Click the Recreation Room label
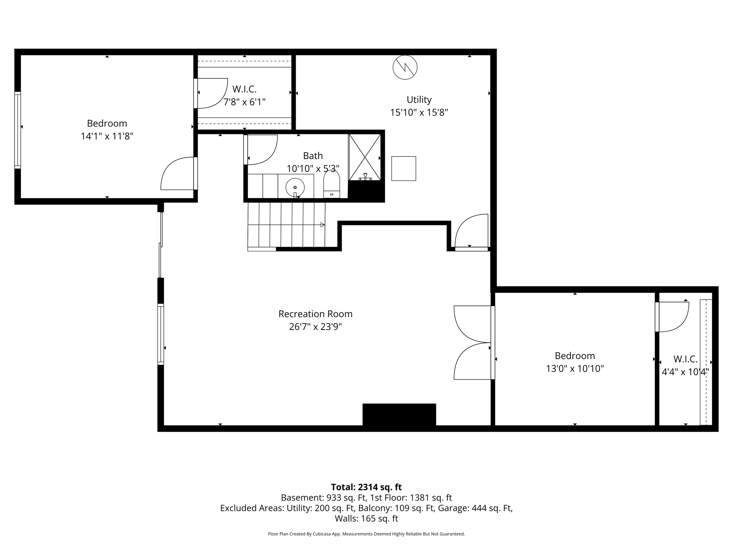pyautogui.click(x=315, y=314)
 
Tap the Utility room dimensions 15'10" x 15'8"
pyautogui.click(x=419, y=113)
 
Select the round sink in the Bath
pyautogui.click(x=295, y=187)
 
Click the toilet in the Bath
pyautogui.click(x=331, y=184)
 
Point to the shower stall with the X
pyautogui.click(x=365, y=157)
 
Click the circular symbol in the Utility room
pyautogui.click(x=405, y=67)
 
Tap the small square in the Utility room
pyautogui.click(x=403, y=168)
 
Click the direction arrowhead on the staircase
pyautogui.click(x=322, y=225)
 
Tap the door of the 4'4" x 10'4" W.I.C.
pyautogui.click(x=673, y=317)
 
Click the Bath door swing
pyautogui.click(x=262, y=149)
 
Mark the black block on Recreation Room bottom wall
pyautogui.click(x=399, y=414)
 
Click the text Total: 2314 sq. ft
pyautogui.click(x=366, y=487)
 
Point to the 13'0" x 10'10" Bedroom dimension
pyautogui.click(x=574, y=369)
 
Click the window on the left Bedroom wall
pyautogui.click(x=18, y=130)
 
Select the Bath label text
pyautogui.click(x=313, y=156)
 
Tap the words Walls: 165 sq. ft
pyautogui.click(x=366, y=518)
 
